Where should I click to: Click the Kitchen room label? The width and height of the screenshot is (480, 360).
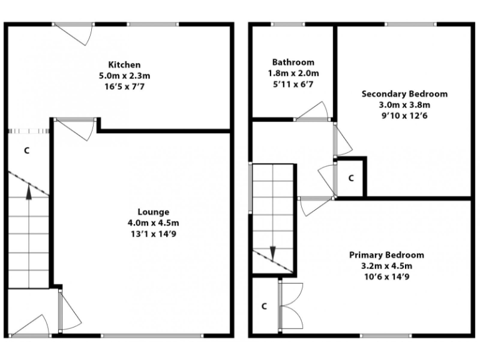(124, 64)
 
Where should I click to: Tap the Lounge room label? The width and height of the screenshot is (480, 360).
(153, 212)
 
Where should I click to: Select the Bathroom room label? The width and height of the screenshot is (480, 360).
(292, 62)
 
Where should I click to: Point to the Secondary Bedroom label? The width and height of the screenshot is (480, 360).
(404, 94)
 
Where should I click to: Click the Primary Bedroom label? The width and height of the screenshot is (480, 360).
(386, 255)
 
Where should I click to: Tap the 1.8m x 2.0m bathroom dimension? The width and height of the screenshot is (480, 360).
(292, 73)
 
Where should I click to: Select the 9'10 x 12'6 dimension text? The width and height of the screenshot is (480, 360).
(404, 116)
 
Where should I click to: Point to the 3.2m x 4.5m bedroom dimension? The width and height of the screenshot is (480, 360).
(386, 266)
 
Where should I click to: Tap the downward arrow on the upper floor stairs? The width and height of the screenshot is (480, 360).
(273, 252)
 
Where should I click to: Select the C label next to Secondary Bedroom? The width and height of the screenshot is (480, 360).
(351, 178)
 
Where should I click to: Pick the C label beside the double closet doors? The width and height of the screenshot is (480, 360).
(264, 306)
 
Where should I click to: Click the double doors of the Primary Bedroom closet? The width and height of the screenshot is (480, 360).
(291, 306)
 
